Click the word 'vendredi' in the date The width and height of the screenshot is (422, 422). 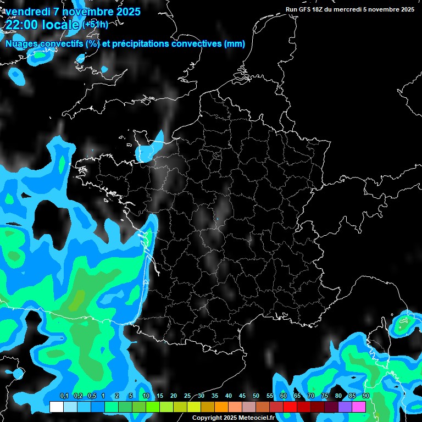[x=29, y=12]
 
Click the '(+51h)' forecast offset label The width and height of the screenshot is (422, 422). [x=95, y=24]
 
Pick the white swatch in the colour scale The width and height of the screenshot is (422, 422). [x=56, y=407]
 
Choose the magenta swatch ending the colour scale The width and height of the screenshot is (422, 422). [x=359, y=407]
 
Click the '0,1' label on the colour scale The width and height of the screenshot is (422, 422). [x=64, y=396]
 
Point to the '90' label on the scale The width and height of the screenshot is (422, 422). [x=365, y=396]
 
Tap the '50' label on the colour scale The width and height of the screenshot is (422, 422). [x=256, y=396]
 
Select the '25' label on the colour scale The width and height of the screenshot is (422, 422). [x=187, y=396]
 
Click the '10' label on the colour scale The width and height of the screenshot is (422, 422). [x=146, y=396]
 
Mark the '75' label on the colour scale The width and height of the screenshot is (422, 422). [x=325, y=396]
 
